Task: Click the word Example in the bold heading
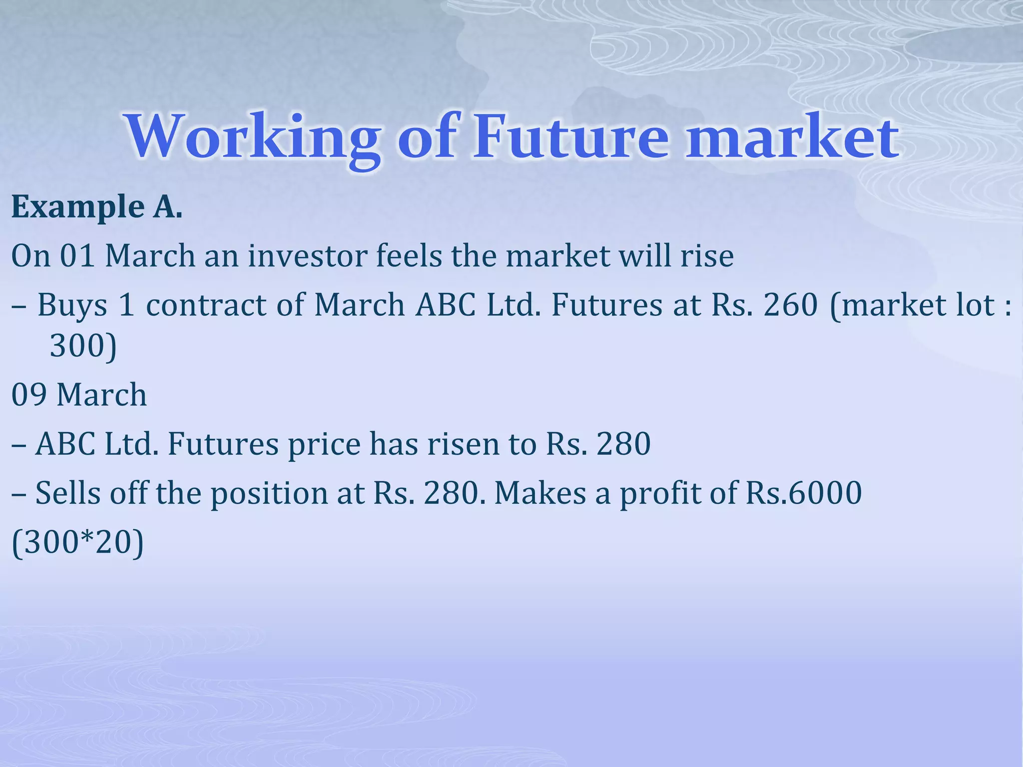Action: coord(78,207)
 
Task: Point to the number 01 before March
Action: coord(77,256)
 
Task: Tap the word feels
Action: coord(409,256)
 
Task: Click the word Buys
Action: coord(72,305)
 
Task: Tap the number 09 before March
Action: coord(29,394)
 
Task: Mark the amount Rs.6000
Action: coord(804,493)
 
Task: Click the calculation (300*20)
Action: coord(77,542)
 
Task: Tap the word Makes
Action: coord(540,493)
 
